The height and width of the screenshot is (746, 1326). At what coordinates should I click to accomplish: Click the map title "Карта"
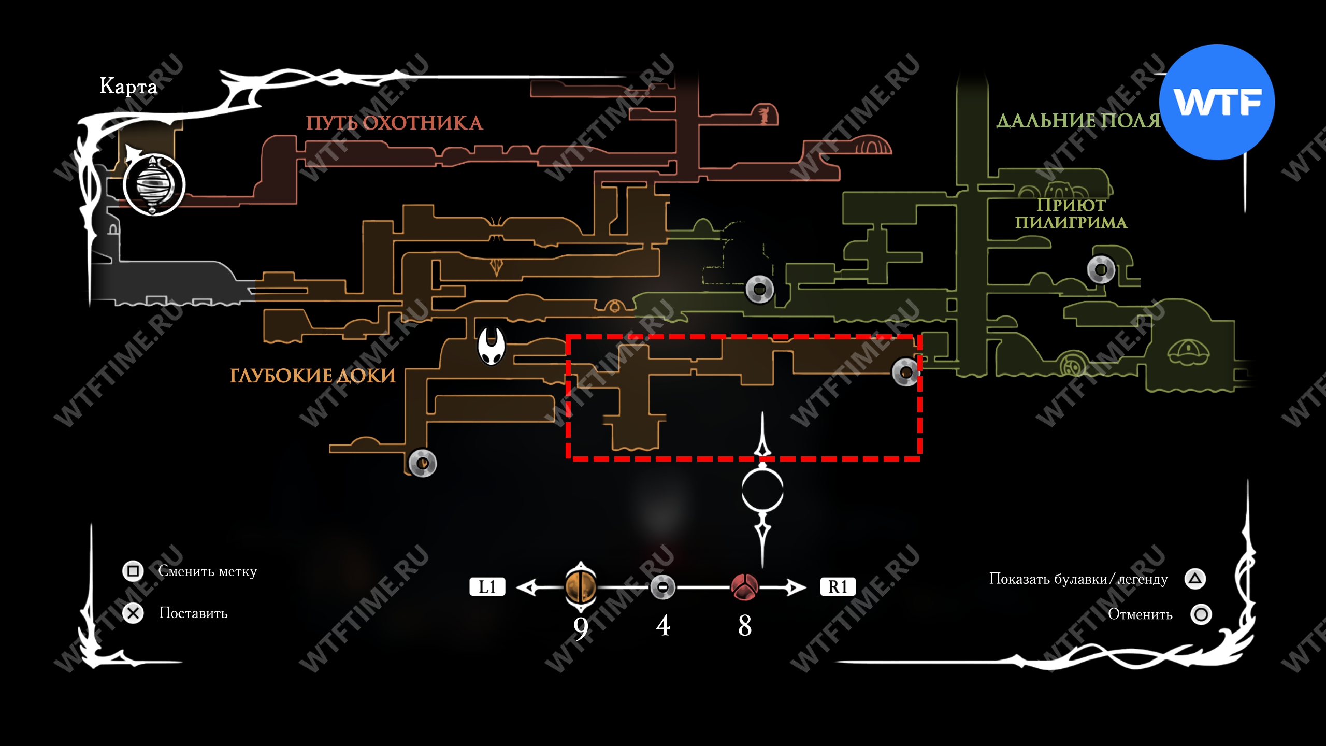pyautogui.click(x=128, y=86)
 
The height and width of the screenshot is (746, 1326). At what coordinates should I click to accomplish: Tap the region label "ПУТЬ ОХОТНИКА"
pyautogui.click(x=394, y=123)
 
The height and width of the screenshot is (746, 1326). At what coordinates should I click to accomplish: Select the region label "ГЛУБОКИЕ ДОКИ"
pyautogui.click(x=312, y=376)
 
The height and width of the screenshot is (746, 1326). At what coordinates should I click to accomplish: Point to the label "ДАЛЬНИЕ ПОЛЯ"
pyautogui.click(x=1078, y=121)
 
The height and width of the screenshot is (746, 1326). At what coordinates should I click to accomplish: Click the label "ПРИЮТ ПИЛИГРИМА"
pyautogui.click(x=1071, y=213)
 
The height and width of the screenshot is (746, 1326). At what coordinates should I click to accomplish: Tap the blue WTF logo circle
pyautogui.click(x=1217, y=102)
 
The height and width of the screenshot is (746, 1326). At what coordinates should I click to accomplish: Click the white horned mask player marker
pyautogui.click(x=491, y=346)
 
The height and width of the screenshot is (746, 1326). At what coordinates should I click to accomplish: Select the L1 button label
pyautogui.click(x=487, y=587)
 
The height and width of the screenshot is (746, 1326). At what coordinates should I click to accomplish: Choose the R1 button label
pyautogui.click(x=838, y=587)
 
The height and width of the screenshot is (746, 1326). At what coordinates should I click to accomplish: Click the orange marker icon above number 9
pyautogui.click(x=581, y=586)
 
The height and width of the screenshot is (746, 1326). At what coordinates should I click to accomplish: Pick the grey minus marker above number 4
pyautogui.click(x=662, y=587)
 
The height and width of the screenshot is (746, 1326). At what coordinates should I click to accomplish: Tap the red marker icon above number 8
pyautogui.click(x=744, y=587)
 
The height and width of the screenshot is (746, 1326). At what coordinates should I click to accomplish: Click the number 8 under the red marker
pyautogui.click(x=745, y=626)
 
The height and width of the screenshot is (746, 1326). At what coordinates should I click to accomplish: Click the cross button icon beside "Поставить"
pyautogui.click(x=133, y=613)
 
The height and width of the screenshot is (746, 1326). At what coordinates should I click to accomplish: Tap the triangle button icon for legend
pyautogui.click(x=1195, y=579)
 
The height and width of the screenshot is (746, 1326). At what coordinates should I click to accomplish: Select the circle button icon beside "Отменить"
pyautogui.click(x=1201, y=614)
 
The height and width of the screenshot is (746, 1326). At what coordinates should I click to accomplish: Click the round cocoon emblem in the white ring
pyautogui.click(x=154, y=184)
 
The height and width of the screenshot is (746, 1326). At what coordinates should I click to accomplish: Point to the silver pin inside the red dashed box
pyautogui.click(x=905, y=372)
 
